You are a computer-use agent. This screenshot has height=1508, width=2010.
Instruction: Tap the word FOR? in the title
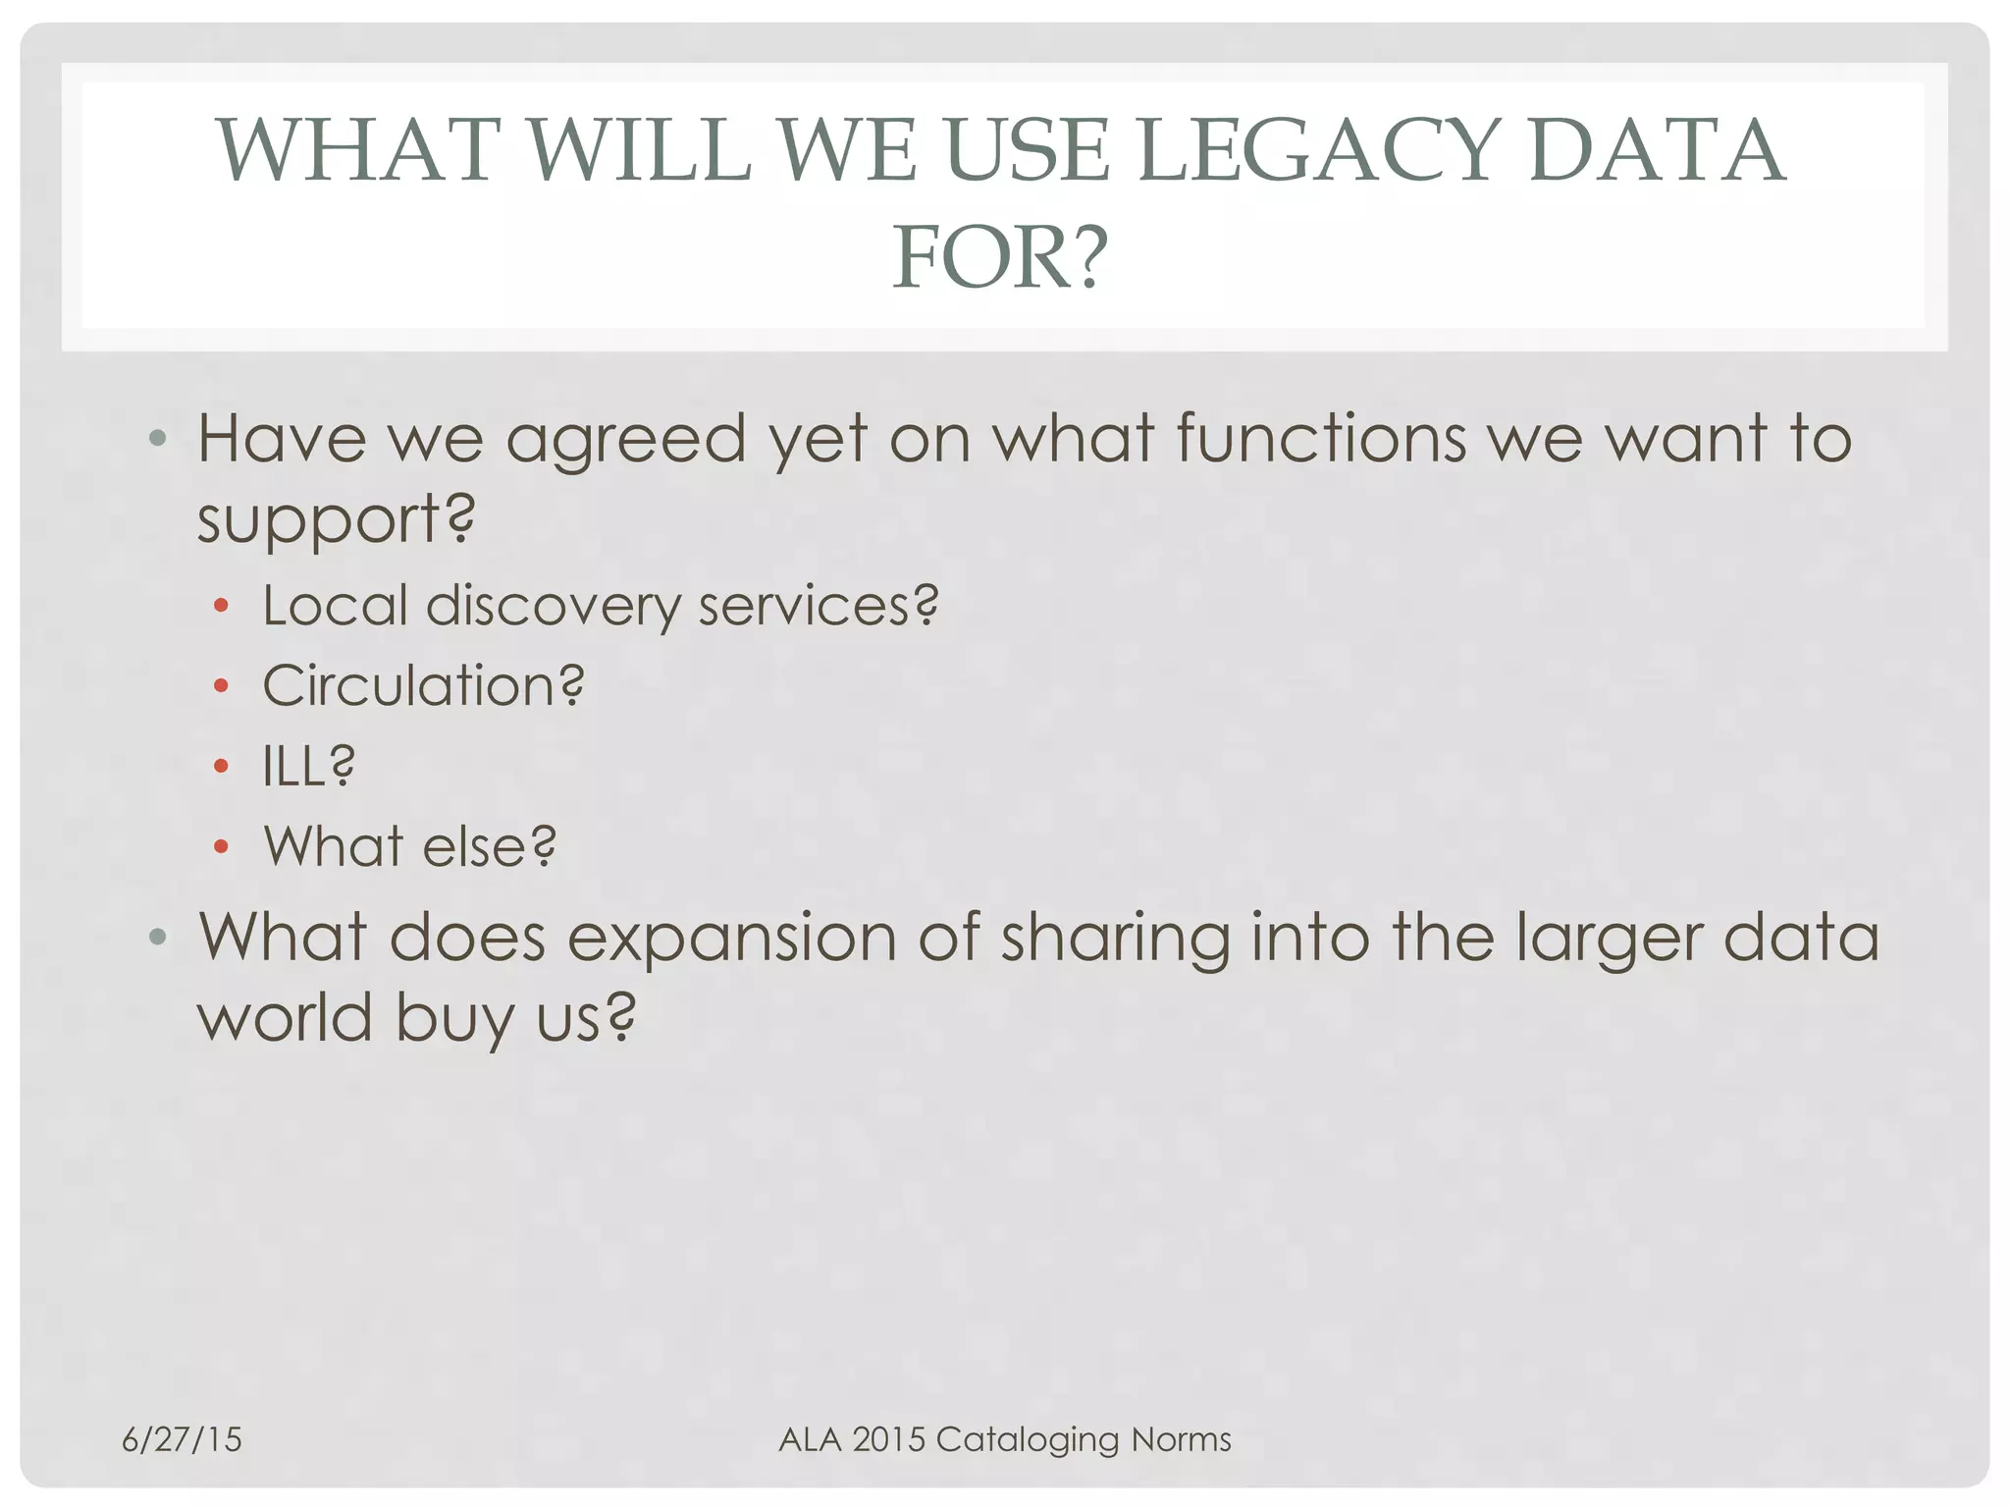point(1000,257)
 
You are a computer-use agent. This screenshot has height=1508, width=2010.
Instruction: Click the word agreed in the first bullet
point(625,439)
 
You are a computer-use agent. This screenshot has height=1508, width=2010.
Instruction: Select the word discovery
point(553,606)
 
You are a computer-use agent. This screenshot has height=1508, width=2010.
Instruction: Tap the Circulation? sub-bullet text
point(423,685)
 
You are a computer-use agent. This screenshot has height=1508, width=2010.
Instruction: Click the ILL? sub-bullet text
point(308,766)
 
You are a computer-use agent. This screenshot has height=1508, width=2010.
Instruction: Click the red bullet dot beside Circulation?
point(221,685)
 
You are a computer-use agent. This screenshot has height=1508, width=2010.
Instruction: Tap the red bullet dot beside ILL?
point(221,766)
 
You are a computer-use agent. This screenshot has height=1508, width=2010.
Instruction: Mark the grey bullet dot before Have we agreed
point(157,438)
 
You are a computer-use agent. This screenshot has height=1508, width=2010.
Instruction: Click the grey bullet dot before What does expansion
point(157,938)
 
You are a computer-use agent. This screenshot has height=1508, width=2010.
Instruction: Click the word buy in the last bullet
point(454,1018)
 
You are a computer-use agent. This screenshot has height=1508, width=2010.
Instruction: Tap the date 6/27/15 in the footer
point(182,1439)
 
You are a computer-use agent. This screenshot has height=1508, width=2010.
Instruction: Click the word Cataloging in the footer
point(1028,1440)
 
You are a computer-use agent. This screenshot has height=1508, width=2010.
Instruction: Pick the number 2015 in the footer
point(889,1439)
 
